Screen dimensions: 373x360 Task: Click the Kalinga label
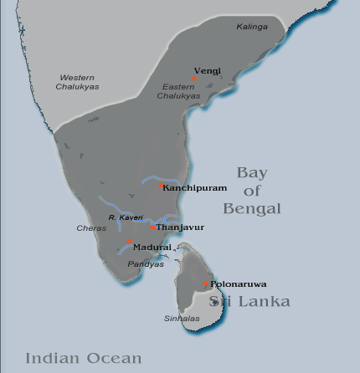tap(252, 27)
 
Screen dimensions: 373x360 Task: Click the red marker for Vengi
tap(193, 79)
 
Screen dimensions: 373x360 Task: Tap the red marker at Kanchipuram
tap(162, 186)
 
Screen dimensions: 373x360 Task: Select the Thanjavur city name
tap(180, 227)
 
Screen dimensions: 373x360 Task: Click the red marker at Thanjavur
tap(152, 227)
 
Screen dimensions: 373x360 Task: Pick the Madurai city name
tap(152, 247)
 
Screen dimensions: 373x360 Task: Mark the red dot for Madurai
tap(129, 242)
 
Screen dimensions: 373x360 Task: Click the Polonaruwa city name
tap(239, 284)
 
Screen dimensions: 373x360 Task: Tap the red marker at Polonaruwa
tap(206, 284)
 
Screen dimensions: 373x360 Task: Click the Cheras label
tap(90, 227)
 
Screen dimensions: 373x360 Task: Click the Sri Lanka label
tap(249, 301)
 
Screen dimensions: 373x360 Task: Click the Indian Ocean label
tap(83, 358)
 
